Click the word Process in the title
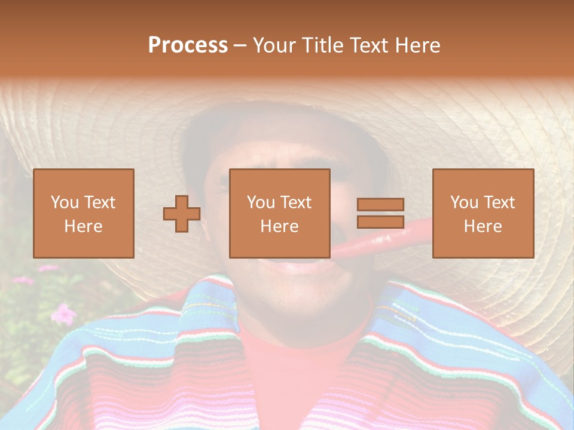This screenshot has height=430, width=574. click(188, 45)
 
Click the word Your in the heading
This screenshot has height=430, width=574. click(273, 45)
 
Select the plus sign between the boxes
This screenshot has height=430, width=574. click(182, 214)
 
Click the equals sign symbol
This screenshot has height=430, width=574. click(380, 213)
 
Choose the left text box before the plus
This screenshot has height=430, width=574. click(84, 213)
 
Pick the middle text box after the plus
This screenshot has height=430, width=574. click(280, 213)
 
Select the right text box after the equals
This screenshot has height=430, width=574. click(483, 213)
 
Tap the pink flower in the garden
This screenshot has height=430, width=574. click(63, 313)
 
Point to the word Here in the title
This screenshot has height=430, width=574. click(418, 45)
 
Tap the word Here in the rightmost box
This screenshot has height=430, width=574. click(483, 226)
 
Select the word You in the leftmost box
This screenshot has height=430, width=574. click(64, 202)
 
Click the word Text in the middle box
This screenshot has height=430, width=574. click(296, 202)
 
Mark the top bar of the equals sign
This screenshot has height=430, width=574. click(380, 204)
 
